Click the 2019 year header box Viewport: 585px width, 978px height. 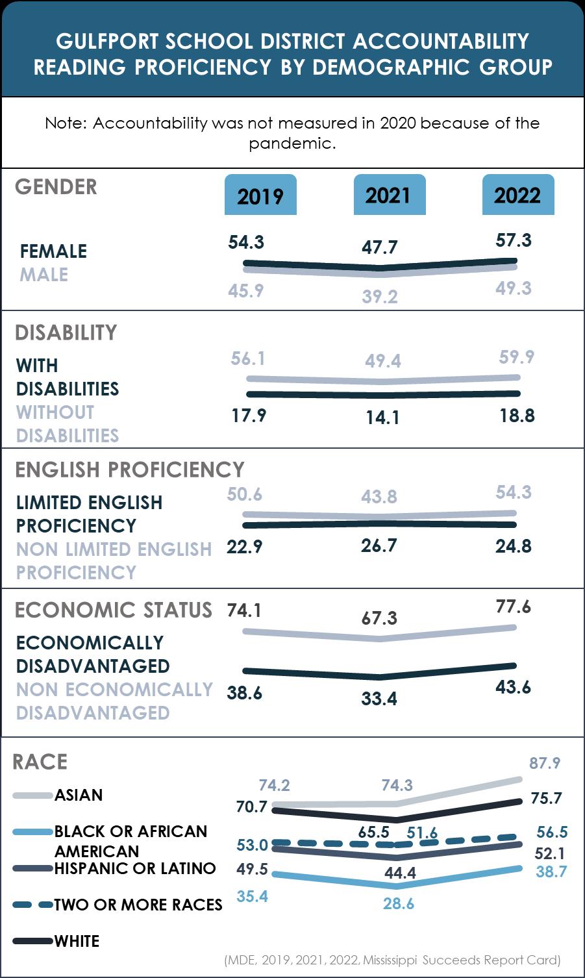260,195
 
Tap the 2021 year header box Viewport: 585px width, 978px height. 388,195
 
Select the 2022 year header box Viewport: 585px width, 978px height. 517,195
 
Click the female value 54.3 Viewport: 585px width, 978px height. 246,242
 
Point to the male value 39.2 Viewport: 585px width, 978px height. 380,297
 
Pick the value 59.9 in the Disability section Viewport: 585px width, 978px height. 517,357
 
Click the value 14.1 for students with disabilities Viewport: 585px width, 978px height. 382,417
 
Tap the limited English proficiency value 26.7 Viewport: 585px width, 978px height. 379,545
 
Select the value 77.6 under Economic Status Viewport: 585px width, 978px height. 513,607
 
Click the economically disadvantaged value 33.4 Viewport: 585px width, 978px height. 379,699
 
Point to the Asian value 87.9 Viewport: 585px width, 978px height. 544,763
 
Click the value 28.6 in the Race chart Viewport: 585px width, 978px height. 398,903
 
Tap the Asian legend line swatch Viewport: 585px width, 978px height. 32,796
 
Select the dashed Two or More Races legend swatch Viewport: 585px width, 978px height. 32,905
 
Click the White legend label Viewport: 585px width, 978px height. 77,941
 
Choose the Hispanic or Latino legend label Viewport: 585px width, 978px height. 135,868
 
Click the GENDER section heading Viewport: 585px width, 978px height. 56,187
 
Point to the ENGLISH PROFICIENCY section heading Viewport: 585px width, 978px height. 130,470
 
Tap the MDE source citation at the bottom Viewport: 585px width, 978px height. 392,960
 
